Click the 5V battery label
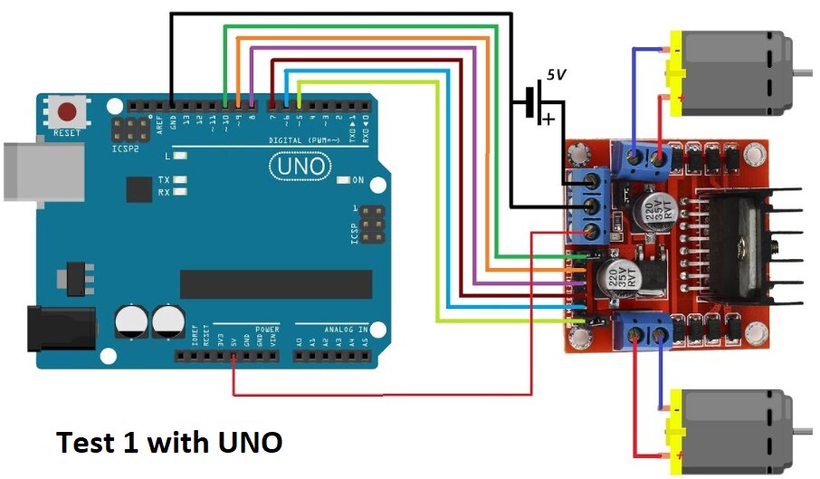[x=555, y=76]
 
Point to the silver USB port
[x=32, y=169]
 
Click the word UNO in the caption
[x=249, y=443]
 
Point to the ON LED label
[x=358, y=180]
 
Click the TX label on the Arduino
[x=164, y=180]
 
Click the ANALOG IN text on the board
[x=345, y=330]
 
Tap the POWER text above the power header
[x=267, y=330]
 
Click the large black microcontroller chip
[x=275, y=283]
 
